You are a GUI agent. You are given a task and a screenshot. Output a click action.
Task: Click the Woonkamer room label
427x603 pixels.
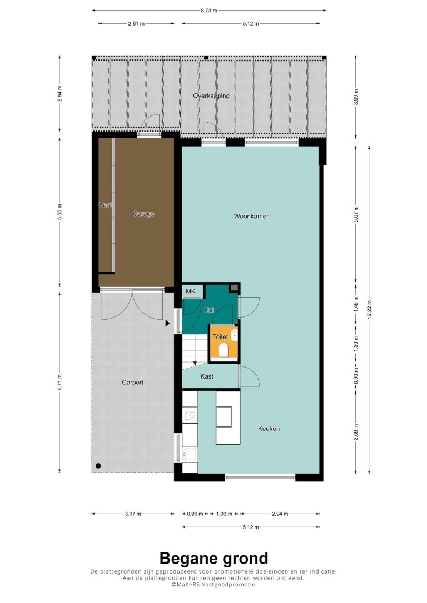point(251,216)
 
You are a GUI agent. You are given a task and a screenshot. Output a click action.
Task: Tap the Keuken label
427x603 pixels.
point(269,429)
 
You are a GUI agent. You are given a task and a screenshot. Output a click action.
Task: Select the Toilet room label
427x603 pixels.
point(221,336)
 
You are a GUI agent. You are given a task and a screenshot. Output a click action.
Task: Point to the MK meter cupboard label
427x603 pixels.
point(191,291)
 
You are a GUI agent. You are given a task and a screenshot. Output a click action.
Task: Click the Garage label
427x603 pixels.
point(143,214)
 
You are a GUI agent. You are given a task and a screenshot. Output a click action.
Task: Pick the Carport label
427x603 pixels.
point(132,382)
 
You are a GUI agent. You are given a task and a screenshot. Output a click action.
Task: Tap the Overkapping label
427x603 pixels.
point(211,96)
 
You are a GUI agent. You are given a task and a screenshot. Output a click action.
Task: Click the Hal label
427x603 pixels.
point(209,310)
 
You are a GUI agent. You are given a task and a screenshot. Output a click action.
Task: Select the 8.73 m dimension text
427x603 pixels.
point(208,11)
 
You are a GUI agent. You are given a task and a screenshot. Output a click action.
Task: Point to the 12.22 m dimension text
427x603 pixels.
point(369,310)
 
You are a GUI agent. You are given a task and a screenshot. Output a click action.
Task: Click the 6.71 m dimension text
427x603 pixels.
point(59,382)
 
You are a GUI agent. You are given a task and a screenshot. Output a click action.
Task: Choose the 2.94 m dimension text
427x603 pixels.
point(280,514)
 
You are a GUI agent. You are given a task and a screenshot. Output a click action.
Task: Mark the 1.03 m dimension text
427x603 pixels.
point(224,514)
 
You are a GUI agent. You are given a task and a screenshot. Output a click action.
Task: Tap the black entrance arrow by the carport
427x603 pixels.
point(167,323)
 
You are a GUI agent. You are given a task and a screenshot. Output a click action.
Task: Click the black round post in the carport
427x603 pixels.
point(98,466)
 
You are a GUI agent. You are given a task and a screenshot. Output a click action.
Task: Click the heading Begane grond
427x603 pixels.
point(213,558)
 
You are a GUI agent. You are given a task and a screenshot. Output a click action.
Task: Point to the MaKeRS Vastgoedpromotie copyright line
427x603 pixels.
point(213,585)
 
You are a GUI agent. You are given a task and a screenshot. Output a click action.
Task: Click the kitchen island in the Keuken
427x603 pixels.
point(227,417)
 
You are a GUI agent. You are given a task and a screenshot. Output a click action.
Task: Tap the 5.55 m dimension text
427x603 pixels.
point(59,212)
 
